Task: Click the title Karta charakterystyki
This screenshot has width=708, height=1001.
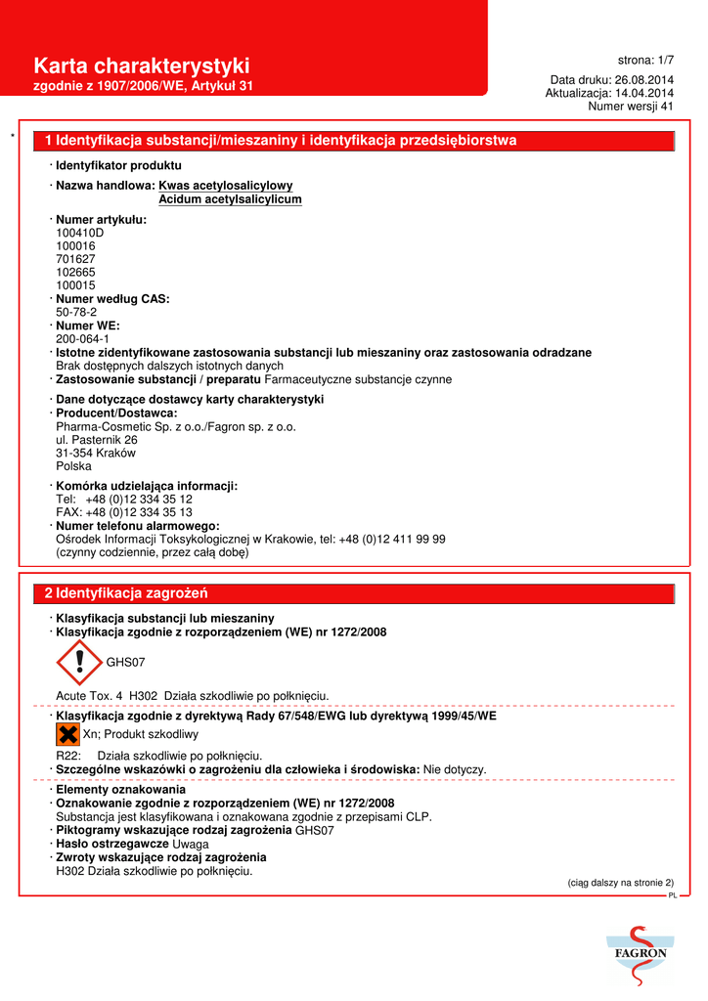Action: pyautogui.click(x=142, y=66)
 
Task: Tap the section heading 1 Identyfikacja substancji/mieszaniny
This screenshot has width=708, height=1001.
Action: pyautogui.click(x=281, y=141)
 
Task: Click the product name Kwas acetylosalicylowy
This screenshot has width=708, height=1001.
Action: pyautogui.click(x=225, y=186)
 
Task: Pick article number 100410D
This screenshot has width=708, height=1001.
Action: pyautogui.click(x=79, y=234)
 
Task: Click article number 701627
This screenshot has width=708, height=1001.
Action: pyautogui.click(x=76, y=259)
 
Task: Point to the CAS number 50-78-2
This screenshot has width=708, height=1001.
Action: pyautogui.click(x=76, y=312)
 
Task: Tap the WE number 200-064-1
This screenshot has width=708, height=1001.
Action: pyautogui.click(x=82, y=338)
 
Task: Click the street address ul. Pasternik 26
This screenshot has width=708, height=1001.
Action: pyautogui.click(x=97, y=440)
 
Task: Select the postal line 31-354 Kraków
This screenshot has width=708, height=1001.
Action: pyautogui.click(x=96, y=454)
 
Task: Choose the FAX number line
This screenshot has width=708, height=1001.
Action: pyautogui.click(x=124, y=512)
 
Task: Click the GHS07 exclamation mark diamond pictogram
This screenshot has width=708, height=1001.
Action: pyautogui.click(x=79, y=662)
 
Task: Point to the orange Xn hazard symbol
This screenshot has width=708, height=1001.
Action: pyautogui.click(x=67, y=734)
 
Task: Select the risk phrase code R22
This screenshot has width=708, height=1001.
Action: pyautogui.click(x=67, y=756)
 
